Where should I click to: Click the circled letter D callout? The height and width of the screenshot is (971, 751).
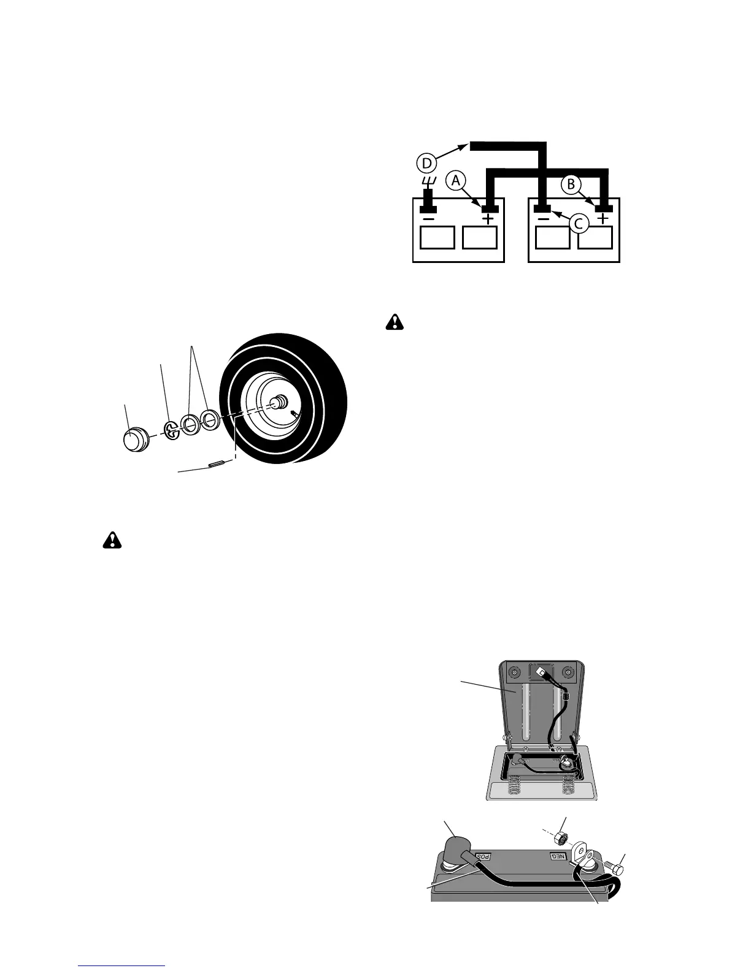point(428,163)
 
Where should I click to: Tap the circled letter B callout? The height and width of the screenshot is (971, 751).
point(571,183)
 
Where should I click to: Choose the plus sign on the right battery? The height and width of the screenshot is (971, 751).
point(604,218)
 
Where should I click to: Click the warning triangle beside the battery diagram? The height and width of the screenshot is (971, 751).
point(395,322)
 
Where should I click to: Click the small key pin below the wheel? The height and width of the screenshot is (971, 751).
point(216,465)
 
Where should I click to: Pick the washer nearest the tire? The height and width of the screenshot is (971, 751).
point(210,420)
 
